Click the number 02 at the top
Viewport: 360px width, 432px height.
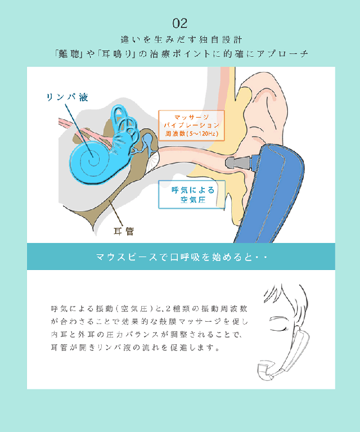click(180, 23)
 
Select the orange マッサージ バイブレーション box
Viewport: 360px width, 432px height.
click(192, 124)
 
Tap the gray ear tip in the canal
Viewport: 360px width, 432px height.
click(232, 164)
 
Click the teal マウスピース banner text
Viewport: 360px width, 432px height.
click(180, 258)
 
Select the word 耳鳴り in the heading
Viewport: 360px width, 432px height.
click(115, 54)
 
